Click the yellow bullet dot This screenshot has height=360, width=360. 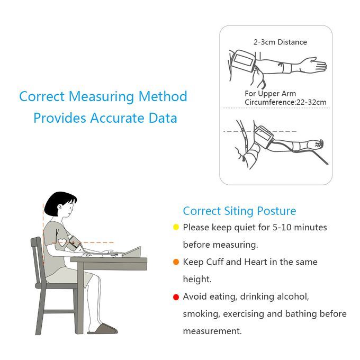click(x=176, y=227)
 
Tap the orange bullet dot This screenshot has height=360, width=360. click(x=176, y=262)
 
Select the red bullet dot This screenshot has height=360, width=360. click(x=176, y=297)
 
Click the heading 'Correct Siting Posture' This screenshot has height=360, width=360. click(x=239, y=211)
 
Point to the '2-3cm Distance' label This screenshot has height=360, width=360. click(x=280, y=42)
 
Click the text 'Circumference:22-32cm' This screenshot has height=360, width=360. click(x=285, y=102)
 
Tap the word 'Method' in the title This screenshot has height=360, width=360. click(x=163, y=96)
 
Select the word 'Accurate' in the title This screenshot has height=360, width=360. click(x=117, y=118)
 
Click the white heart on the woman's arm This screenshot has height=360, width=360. click(x=62, y=242)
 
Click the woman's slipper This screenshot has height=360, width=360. click(x=103, y=329)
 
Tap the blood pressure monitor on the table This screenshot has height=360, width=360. click(x=132, y=253)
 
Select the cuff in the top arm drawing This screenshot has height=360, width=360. click(x=244, y=61)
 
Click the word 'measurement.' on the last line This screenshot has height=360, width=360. click(x=212, y=331)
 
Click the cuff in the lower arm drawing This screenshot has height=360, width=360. click(x=263, y=137)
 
